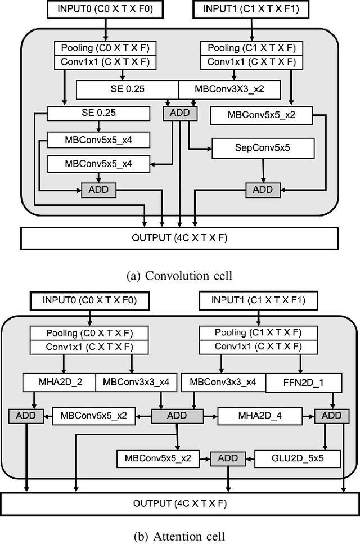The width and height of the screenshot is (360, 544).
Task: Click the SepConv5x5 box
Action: pyautogui.click(x=263, y=149)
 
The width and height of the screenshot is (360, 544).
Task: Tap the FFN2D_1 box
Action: pyautogui.click(x=303, y=384)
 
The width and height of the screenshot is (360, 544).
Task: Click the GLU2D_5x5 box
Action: pyautogui.click(x=298, y=458)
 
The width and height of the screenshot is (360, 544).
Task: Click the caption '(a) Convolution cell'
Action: pyautogui.click(x=179, y=276)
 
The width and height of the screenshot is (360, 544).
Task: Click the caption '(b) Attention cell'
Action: pyautogui.click(x=179, y=534)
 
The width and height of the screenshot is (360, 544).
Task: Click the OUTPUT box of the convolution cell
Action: pyautogui.click(x=179, y=238)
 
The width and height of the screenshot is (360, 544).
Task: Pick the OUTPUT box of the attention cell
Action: pyautogui.click(x=179, y=502)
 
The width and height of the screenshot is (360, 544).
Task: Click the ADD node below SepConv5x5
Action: pyautogui.click(x=263, y=190)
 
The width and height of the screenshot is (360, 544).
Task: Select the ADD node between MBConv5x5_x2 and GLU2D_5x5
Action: pyautogui.click(x=228, y=458)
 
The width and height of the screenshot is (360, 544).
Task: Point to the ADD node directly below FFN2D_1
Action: pyautogui.click(x=331, y=416)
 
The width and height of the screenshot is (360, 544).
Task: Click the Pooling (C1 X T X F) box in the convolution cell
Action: pyautogui.click(x=252, y=47)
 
